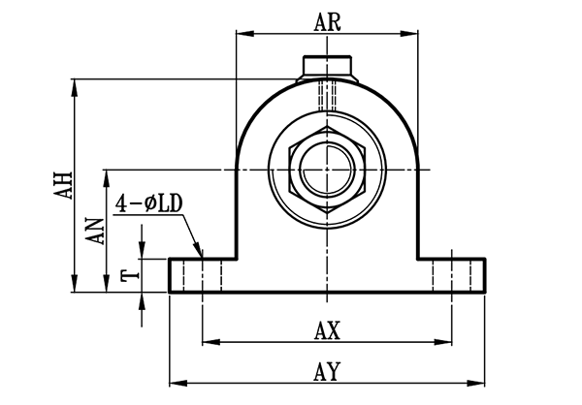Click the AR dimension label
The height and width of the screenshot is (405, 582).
point(327,22)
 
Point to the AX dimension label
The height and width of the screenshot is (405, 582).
point(327,330)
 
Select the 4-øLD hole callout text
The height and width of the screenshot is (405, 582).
point(149,203)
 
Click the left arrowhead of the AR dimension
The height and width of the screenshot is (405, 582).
point(242,35)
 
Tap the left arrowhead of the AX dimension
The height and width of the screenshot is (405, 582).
point(207,342)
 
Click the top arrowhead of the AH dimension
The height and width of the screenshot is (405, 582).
point(76,84)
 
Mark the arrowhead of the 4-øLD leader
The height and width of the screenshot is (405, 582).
point(200,251)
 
